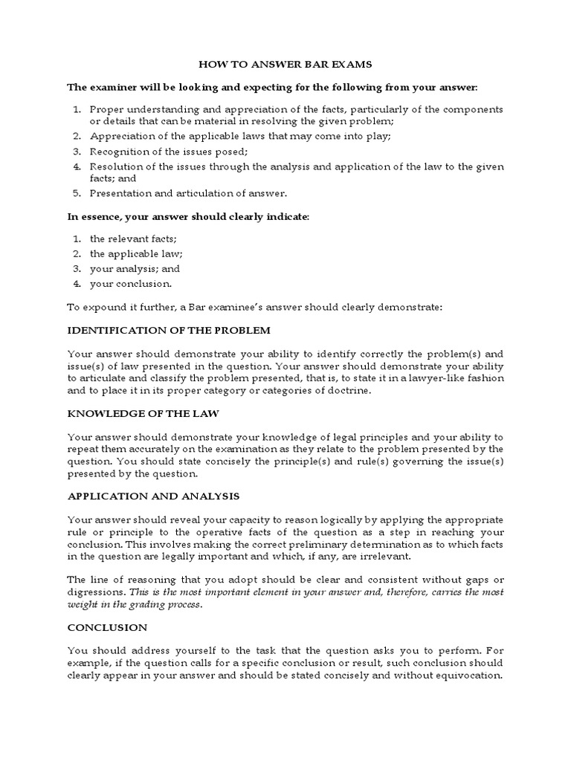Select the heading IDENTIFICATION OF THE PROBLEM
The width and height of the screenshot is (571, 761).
tap(169, 329)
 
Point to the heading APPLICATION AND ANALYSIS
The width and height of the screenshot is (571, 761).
tap(154, 496)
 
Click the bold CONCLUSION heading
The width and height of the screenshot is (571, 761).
tap(108, 627)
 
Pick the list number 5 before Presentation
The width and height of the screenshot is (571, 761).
tap(77, 193)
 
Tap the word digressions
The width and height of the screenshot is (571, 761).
tap(97, 592)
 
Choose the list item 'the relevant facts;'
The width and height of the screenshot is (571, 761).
tap(133, 239)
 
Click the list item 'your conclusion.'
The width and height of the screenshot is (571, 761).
tap(130, 283)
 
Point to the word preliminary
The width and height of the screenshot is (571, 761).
tap(337, 544)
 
